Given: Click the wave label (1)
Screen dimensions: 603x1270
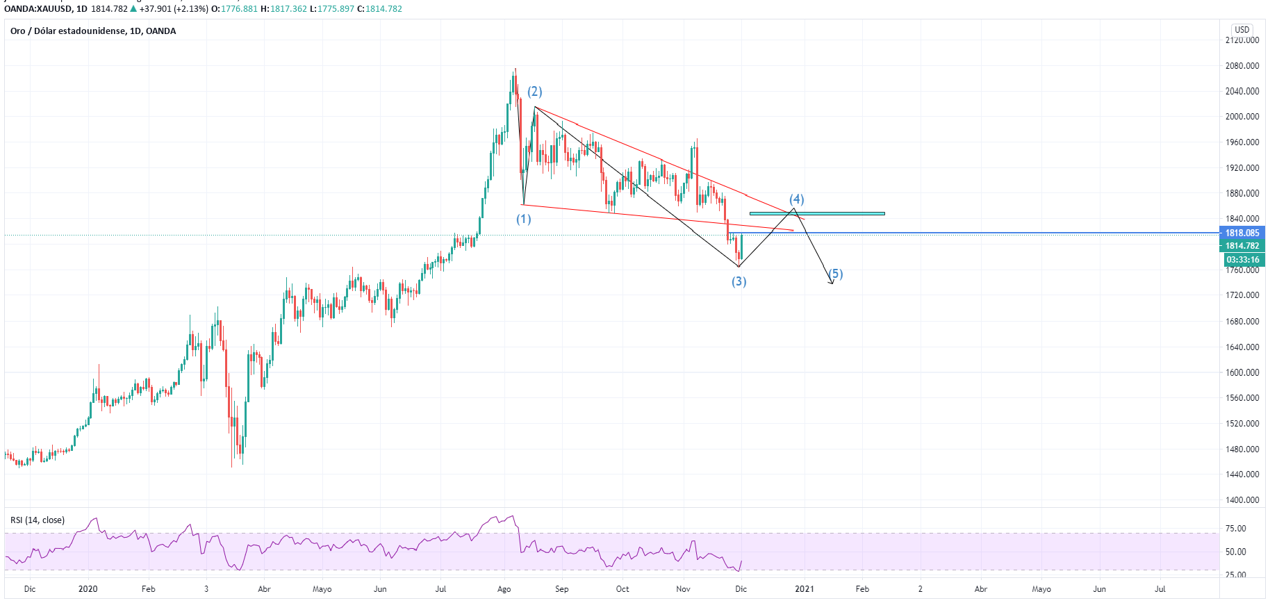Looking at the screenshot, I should click(x=523, y=220).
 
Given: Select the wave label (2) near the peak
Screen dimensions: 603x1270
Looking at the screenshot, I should click(x=534, y=92).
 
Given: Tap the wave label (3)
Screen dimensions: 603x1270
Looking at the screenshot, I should click(x=739, y=281).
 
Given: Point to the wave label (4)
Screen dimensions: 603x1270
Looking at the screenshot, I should click(x=796, y=199).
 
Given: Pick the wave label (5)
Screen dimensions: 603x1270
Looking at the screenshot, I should click(x=836, y=274).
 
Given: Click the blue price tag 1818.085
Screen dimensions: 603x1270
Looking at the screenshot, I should click(x=1242, y=233).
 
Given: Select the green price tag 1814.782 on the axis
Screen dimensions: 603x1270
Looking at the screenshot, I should click(x=1242, y=246).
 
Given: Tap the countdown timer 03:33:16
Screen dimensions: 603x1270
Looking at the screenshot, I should click(x=1242, y=260).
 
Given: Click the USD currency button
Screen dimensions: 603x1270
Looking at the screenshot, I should click(x=1242, y=30).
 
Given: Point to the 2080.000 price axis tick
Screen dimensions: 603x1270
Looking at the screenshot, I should click(x=1242, y=66).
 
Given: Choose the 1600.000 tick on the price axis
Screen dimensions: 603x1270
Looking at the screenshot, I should click(x=1242, y=372).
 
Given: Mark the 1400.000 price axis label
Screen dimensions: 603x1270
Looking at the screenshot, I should click(x=1242, y=500).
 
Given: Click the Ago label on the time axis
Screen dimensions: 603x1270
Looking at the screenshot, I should click(x=504, y=589).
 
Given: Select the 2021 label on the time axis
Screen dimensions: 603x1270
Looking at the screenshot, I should click(x=804, y=589).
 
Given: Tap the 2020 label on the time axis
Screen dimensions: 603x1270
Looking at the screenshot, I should click(x=88, y=589).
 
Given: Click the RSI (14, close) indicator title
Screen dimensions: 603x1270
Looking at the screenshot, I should click(x=38, y=520).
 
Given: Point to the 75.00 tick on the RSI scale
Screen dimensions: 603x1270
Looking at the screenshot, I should click(x=1235, y=529).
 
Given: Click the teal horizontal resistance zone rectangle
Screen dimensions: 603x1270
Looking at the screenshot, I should click(x=817, y=213).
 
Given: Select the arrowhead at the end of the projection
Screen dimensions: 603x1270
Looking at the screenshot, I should click(x=831, y=282).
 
